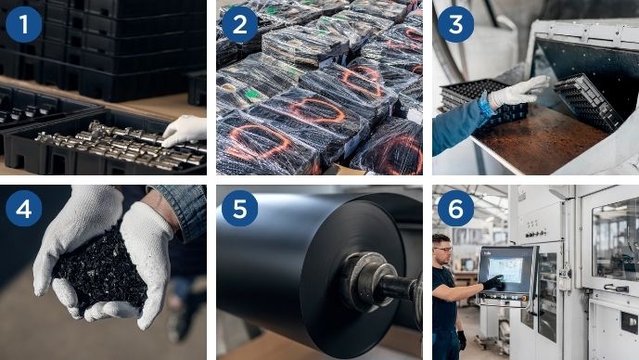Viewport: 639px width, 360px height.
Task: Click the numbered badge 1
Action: pyautogui.click(x=23, y=24)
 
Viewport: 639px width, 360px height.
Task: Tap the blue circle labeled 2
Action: pyautogui.click(x=239, y=24)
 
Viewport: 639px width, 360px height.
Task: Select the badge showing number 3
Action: pyautogui.click(x=455, y=24)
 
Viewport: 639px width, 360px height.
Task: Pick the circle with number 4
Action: pyautogui.click(x=23, y=209)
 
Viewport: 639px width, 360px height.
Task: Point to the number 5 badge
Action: pyautogui.click(x=239, y=209)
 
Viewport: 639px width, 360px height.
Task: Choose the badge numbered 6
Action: pyautogui.click(x=455, y=209)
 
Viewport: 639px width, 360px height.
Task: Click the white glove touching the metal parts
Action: pyautogui.click(x=185, y=131)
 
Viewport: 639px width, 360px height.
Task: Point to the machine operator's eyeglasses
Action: pyautogui.click(x=445, y=249)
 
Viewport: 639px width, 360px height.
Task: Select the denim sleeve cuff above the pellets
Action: pyautogui.click(x=179, y=212)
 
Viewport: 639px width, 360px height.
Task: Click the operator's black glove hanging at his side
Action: pyautogui.click(x=461, y=341)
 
